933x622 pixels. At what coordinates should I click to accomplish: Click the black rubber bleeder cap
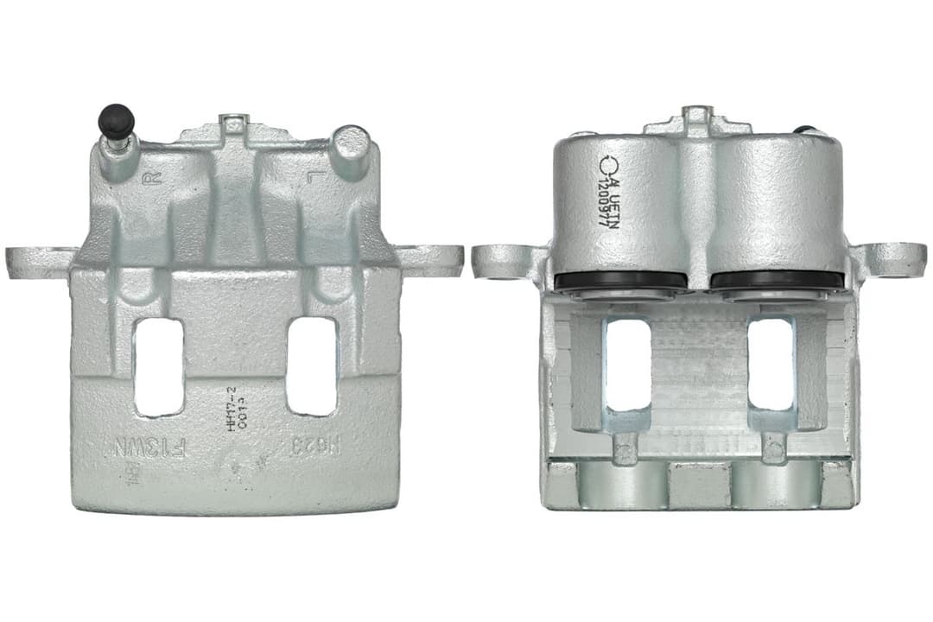tap(116, 119)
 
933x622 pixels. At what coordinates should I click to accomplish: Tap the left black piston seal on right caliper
tap(620, 280)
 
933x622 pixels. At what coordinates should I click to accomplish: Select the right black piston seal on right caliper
tap(777, 280)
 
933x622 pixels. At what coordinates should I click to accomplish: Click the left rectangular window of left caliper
tap(159, 366)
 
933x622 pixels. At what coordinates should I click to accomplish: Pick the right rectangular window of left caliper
tap(312, 366)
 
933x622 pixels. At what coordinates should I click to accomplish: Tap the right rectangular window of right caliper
tap(771, 364)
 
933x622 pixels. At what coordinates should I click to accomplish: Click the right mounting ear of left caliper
tap(432, 260)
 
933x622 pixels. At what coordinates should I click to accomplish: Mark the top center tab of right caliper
tap(696, 118)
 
